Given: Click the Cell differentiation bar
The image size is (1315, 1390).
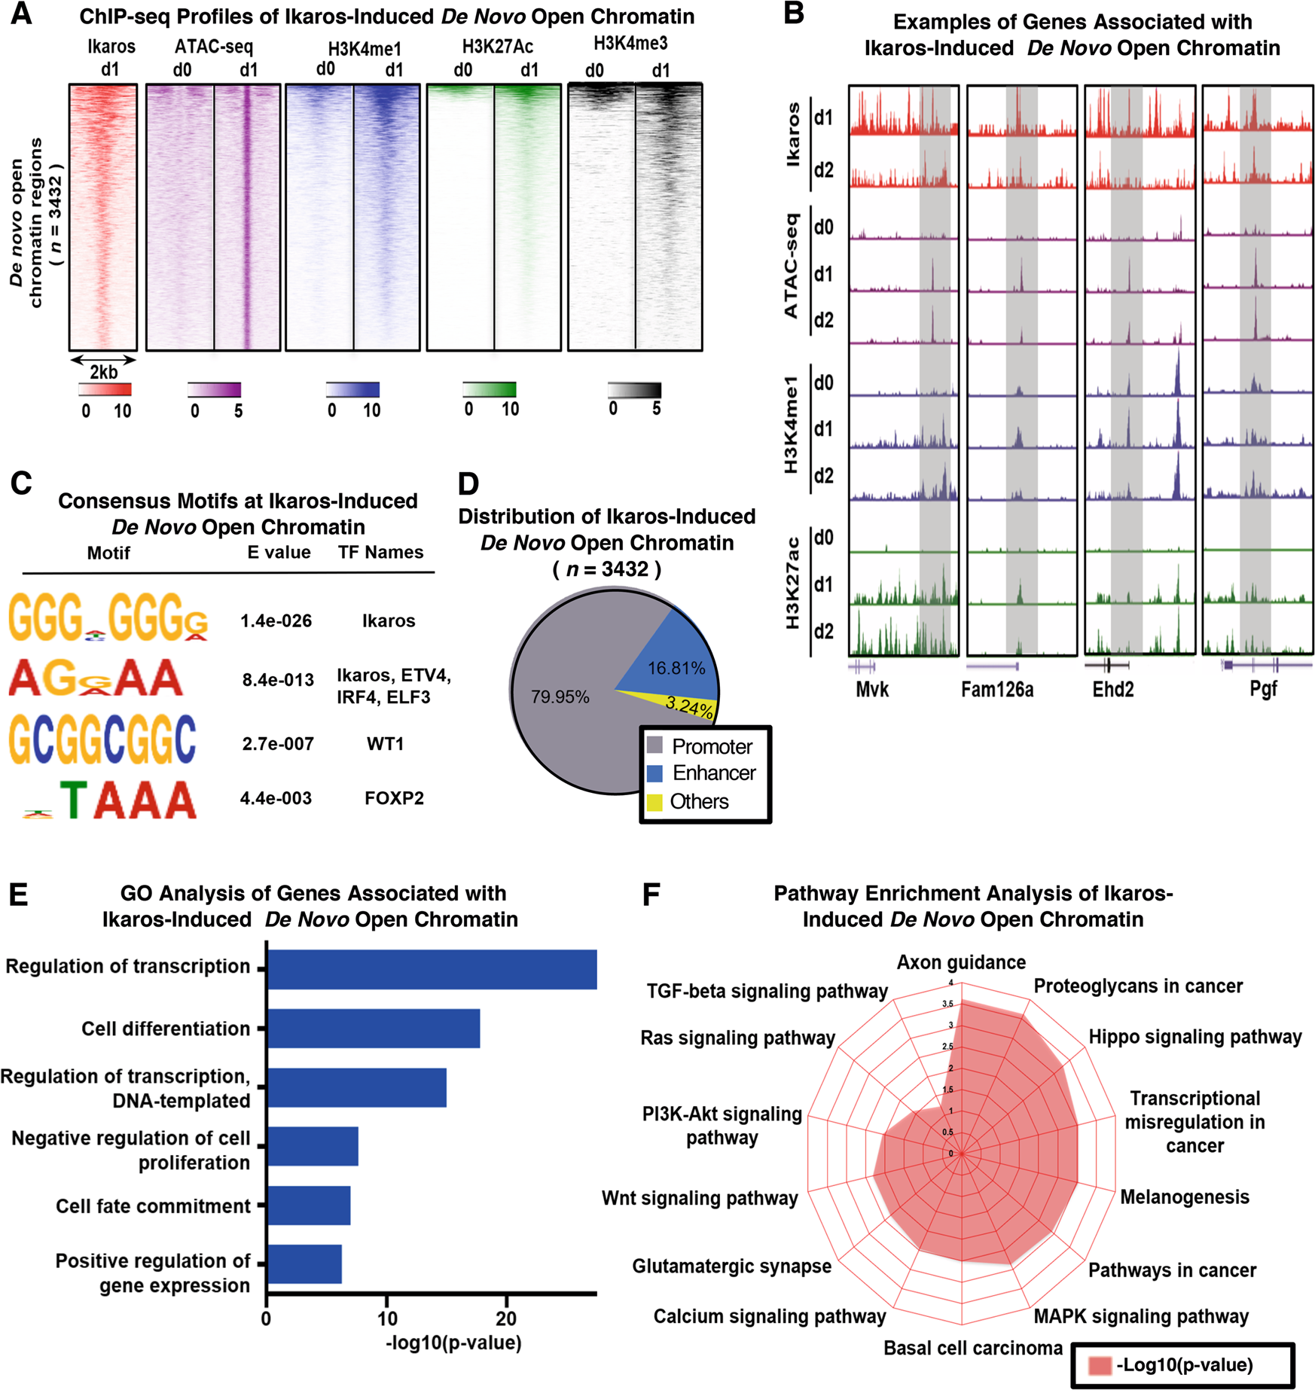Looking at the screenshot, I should pyautogui.click(x=373, y=1029).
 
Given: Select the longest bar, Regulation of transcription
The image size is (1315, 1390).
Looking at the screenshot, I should pyautogui.click(x=432, y=969).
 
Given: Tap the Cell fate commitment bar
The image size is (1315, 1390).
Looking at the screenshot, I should pyautogui.click(x=309, y=1206).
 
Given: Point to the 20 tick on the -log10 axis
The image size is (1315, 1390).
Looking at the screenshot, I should pyautogui.click(x=506, y=1318).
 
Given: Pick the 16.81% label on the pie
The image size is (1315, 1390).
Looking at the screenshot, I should pyautogui.click(x=676, y=668).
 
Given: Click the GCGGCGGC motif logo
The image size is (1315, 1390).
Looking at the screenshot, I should pyautogui.click(x=102, y=739).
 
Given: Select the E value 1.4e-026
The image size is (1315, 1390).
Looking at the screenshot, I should pyautogui.click(x=276, y=620).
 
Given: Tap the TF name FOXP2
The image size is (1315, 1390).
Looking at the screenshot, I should pyautogui.click(x=394, y=798).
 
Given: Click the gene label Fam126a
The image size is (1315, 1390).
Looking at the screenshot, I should pyautogui.click(x=996, y=689).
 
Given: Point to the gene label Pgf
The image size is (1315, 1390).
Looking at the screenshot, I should pyautogui.click(x=1263, y=689).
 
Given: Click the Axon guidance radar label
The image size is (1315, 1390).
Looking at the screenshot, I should pyautogui.click(x=961, y=962).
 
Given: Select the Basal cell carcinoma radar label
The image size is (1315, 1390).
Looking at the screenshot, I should pyautogui.click(x=972, y=1348).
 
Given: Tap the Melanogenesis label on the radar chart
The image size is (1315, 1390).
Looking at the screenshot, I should pyautogui.click(x=1184, y=1197).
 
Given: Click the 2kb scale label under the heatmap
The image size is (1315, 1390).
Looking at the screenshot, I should pyautogui.click(x=104, y=372).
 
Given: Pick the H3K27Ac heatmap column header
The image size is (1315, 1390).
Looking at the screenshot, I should pyautogui.click(x=497, y=47).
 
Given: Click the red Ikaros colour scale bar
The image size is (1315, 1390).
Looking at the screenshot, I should pyautogui.click(x=105, y=389).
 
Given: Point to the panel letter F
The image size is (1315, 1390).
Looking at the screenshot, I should pyautogui.click(x=651, y=894).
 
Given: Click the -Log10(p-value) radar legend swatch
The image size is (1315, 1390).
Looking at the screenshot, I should pyautogui.click(x=1100, y=1365).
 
